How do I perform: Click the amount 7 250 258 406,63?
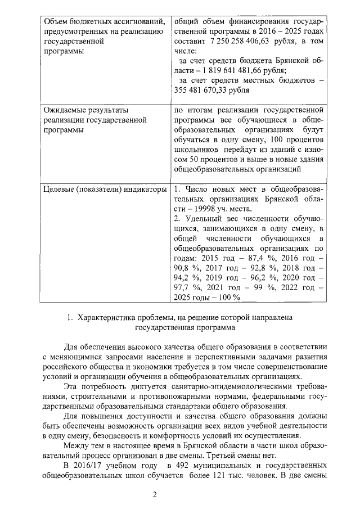[241, 41]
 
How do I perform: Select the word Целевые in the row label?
[60, 189]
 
